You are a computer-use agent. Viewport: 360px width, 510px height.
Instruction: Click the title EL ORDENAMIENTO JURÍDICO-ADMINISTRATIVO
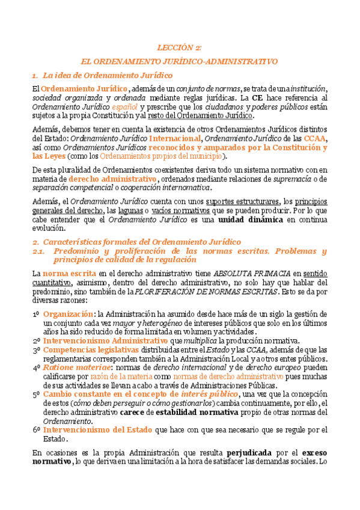point(180,61)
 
